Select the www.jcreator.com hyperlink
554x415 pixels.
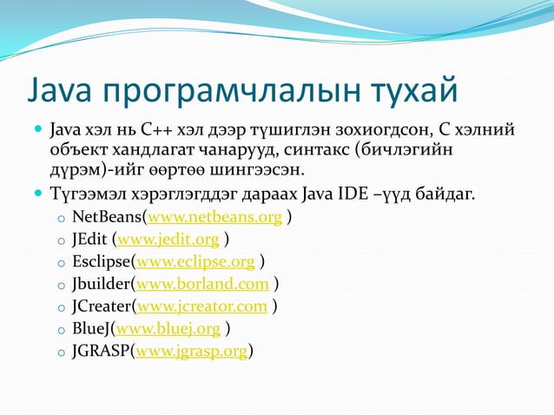point(202,306)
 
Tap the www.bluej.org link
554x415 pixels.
point(168,329)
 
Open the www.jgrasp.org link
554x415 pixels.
point(190,352)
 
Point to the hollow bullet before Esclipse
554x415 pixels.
point(59,262)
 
